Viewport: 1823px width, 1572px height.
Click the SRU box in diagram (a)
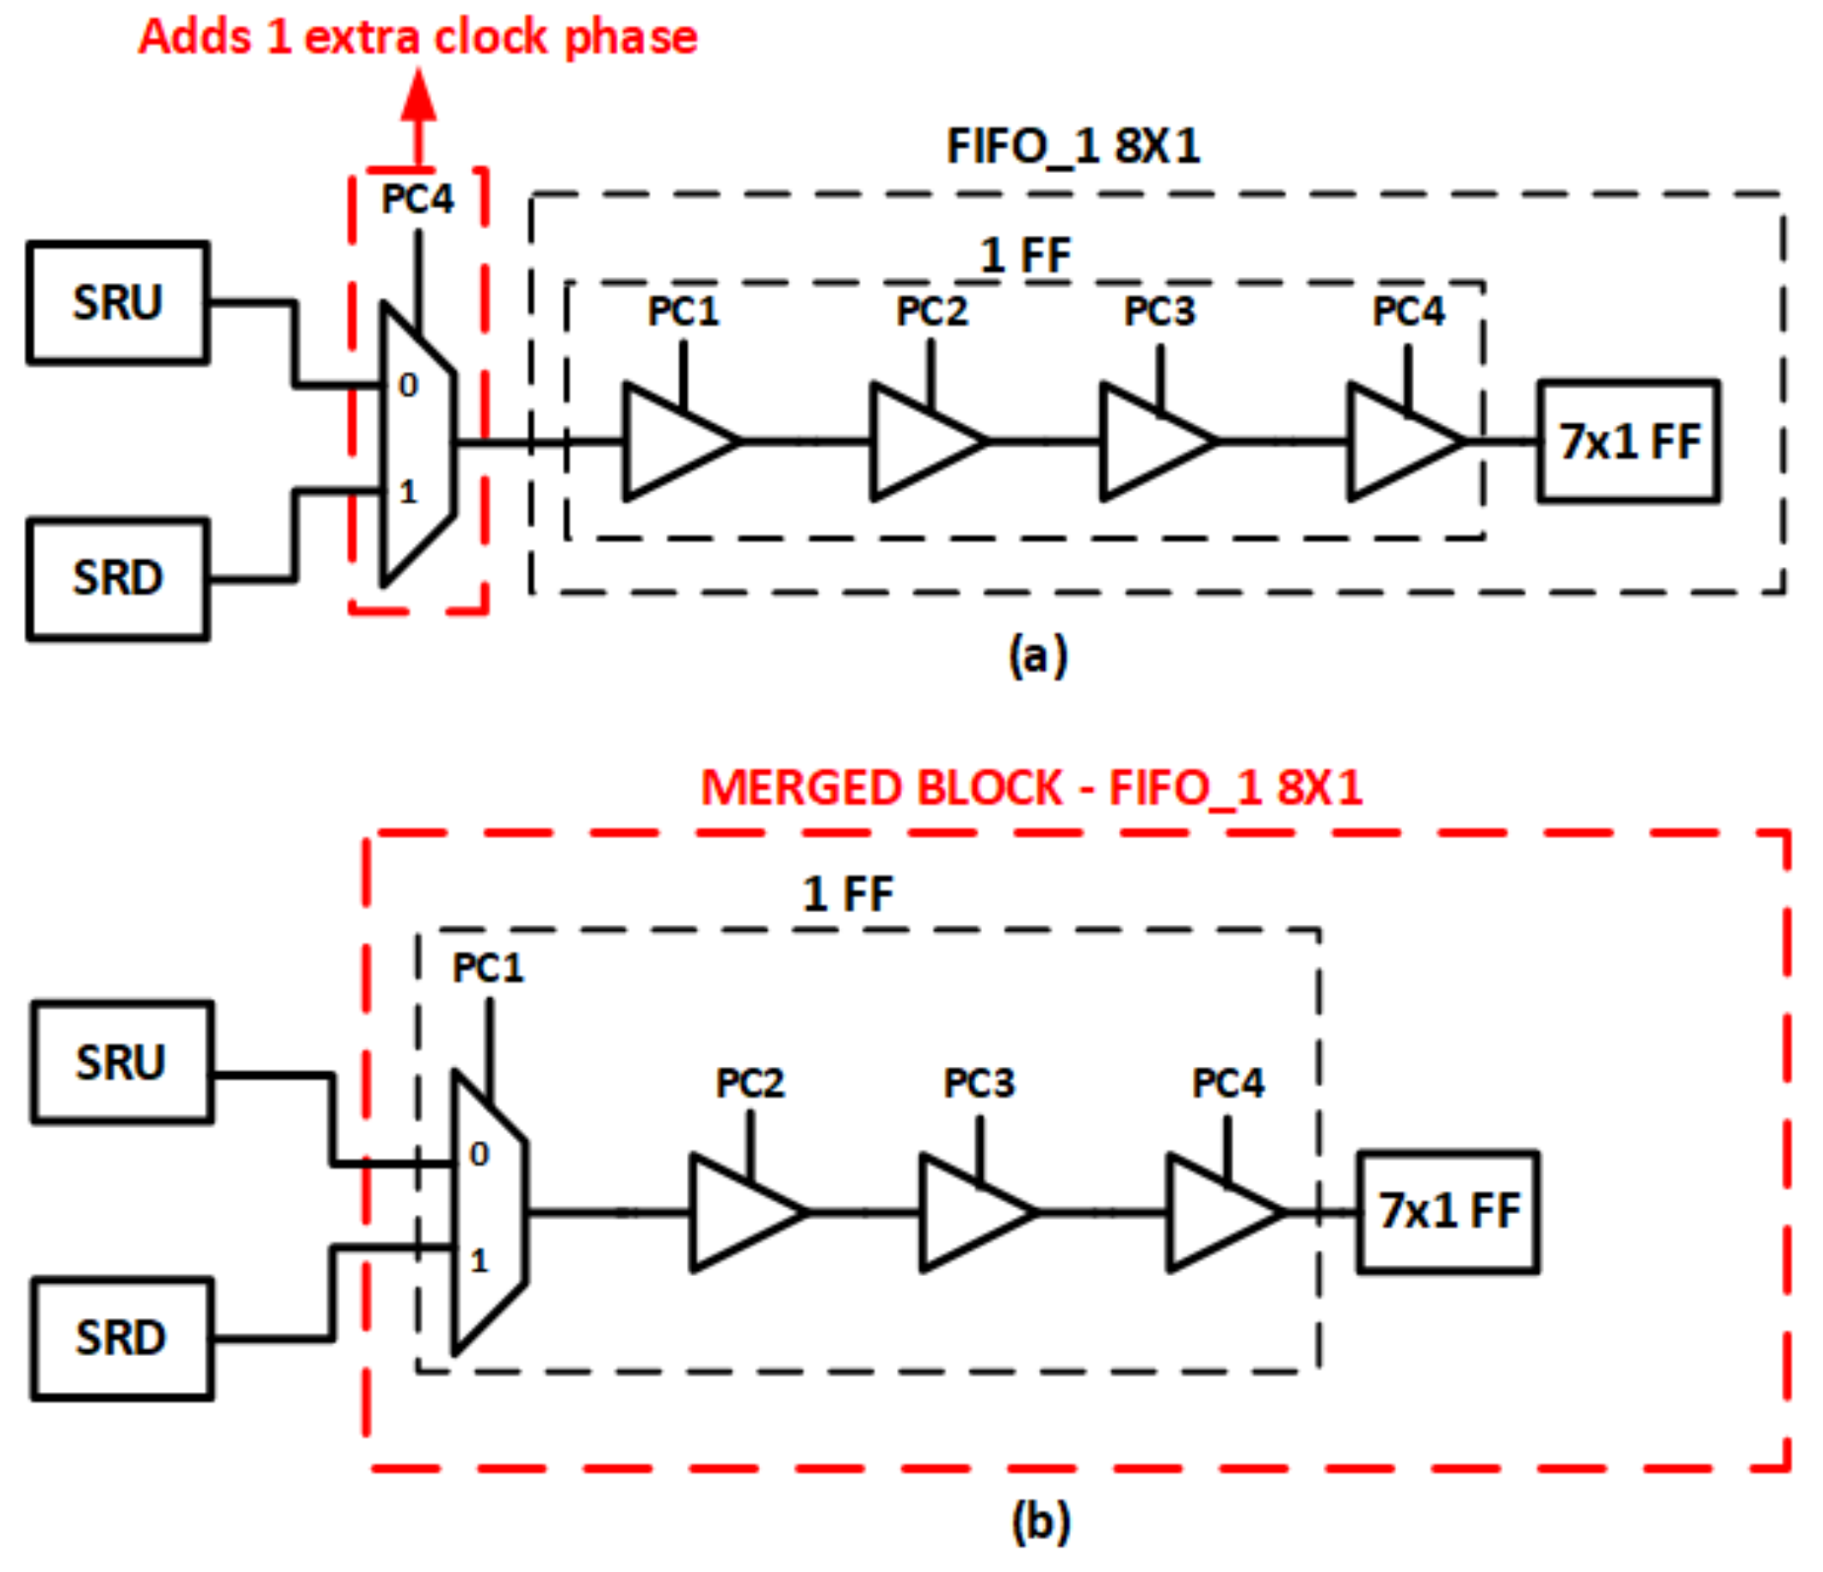click(118, 303)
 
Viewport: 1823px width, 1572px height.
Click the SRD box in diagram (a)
click(118, 579)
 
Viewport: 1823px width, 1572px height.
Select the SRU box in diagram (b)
click(122, 1062)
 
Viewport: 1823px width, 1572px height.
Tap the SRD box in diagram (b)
click(122, 1338)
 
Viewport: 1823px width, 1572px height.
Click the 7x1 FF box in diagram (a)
click(1628, 441)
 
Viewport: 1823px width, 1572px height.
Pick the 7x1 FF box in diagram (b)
click(1449, 1211)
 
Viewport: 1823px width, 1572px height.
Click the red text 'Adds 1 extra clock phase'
click(418, 37)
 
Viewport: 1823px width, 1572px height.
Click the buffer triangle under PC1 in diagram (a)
click(673, 441)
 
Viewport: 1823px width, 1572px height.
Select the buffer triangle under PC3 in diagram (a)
click(1150, 441)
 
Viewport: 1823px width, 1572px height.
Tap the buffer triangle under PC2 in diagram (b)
click(740, 1212)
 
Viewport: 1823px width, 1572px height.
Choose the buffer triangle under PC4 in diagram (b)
click(1218, 1212)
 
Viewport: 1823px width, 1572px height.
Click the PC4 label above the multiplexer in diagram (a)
click(418, 200)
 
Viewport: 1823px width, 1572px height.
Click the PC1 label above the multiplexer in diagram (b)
click(488, 969)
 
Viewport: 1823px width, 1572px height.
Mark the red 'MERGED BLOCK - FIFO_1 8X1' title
click(1031, 787)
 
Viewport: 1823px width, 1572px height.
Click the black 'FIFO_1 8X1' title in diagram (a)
click(1072, 146)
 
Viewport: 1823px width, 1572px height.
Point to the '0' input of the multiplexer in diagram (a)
click(408, 385)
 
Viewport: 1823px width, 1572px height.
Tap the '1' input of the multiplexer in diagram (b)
click(479, 1261)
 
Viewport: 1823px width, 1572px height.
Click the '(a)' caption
click(1038, 656)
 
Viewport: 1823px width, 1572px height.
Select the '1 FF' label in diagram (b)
click(847, 895)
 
